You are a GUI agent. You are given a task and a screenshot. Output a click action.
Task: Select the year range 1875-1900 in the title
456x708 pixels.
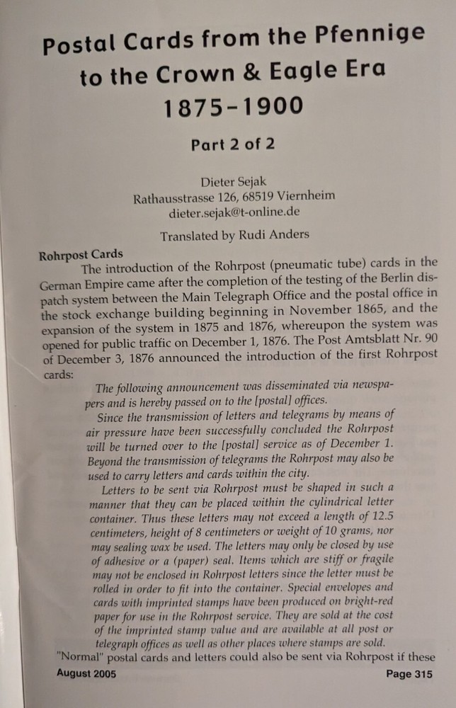(233, 108)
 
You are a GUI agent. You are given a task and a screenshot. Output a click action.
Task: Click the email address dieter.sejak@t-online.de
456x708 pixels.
(234, 212)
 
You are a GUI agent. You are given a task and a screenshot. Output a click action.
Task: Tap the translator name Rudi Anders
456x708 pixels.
(275, 237)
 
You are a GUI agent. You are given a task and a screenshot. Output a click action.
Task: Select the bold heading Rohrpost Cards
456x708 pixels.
(81, 254)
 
